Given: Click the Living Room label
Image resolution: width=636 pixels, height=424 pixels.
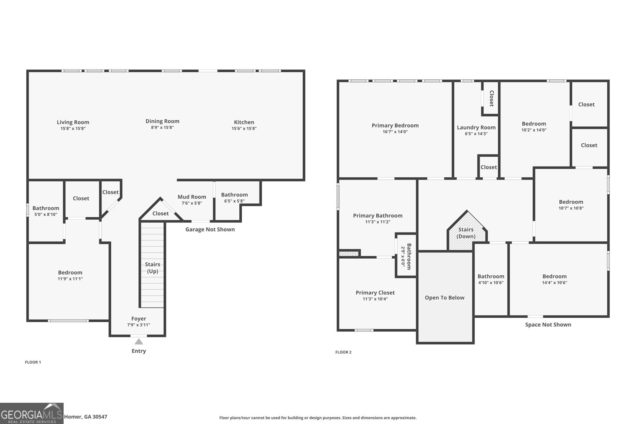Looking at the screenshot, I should click(x=73, y=122).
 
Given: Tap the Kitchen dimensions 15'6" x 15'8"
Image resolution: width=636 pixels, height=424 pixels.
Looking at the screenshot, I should click(x=244, y=128).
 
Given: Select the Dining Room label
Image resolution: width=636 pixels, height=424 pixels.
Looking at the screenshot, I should click(x=162, y=121).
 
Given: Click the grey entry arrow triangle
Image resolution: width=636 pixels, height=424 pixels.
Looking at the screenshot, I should click(x=139, y=341).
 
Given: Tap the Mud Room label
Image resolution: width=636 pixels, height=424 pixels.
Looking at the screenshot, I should click(x=192, y=197).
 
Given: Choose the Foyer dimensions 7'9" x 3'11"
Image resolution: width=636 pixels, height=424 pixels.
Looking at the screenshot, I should click(x=138, y=325).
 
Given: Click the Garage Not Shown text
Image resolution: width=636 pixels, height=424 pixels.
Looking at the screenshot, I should click(x=210, y=229).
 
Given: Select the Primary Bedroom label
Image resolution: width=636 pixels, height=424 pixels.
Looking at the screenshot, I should click(x=395, y=125).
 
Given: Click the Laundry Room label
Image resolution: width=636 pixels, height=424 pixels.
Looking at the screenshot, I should click(x=476, y=128).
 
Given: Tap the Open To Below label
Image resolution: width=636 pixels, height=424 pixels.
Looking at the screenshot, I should click(x=444, y=298).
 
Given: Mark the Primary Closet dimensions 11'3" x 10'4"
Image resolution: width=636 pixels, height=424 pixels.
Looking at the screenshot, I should click(x=375, y=299).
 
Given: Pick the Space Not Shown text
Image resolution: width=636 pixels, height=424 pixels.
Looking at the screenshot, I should click(x=548, y=325).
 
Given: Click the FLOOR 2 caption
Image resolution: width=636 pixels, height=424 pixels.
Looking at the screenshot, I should click(x=343, y=352).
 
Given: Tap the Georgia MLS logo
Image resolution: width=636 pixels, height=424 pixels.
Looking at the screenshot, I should click(x=31, y=413).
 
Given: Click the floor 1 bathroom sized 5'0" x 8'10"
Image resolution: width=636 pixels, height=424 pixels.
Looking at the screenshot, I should click(x=46, y=211).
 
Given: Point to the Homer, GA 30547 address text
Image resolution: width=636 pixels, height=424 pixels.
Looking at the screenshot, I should click(x=85, y=417).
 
